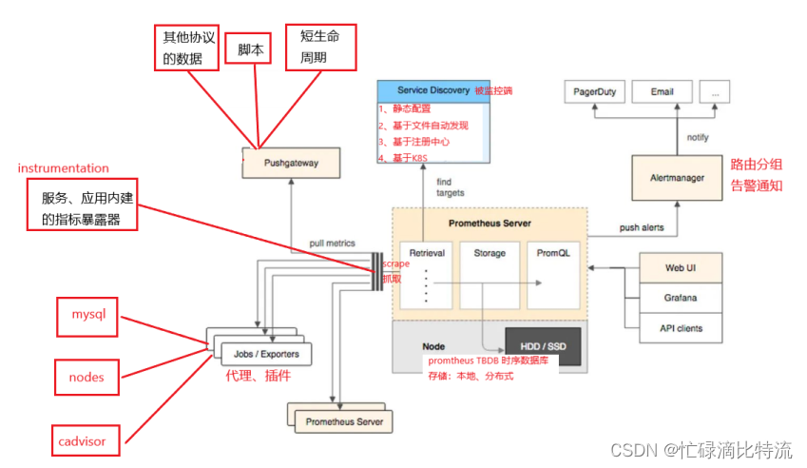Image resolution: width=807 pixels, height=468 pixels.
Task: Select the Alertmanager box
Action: [x=676, y=177]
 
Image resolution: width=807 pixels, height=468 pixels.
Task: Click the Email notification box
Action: [x=662, y=92]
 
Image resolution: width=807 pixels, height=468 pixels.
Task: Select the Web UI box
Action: [x=681, y=267]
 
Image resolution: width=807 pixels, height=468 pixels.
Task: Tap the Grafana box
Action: [x=681, y=298]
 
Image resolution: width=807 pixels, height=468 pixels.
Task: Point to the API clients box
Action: [x=681, y=328]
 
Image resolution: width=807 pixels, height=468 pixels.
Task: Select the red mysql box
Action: [x=86, y=314]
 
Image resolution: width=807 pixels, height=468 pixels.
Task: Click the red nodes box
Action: [x=86, y=377]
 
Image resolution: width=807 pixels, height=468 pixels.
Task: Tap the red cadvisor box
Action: [x=86, y=440]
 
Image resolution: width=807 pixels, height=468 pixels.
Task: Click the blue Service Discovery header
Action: [x=433, y=90]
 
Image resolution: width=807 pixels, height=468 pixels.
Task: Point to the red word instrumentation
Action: [x=64, y=168]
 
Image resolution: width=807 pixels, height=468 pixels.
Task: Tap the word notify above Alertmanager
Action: [x=698, y=137]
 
